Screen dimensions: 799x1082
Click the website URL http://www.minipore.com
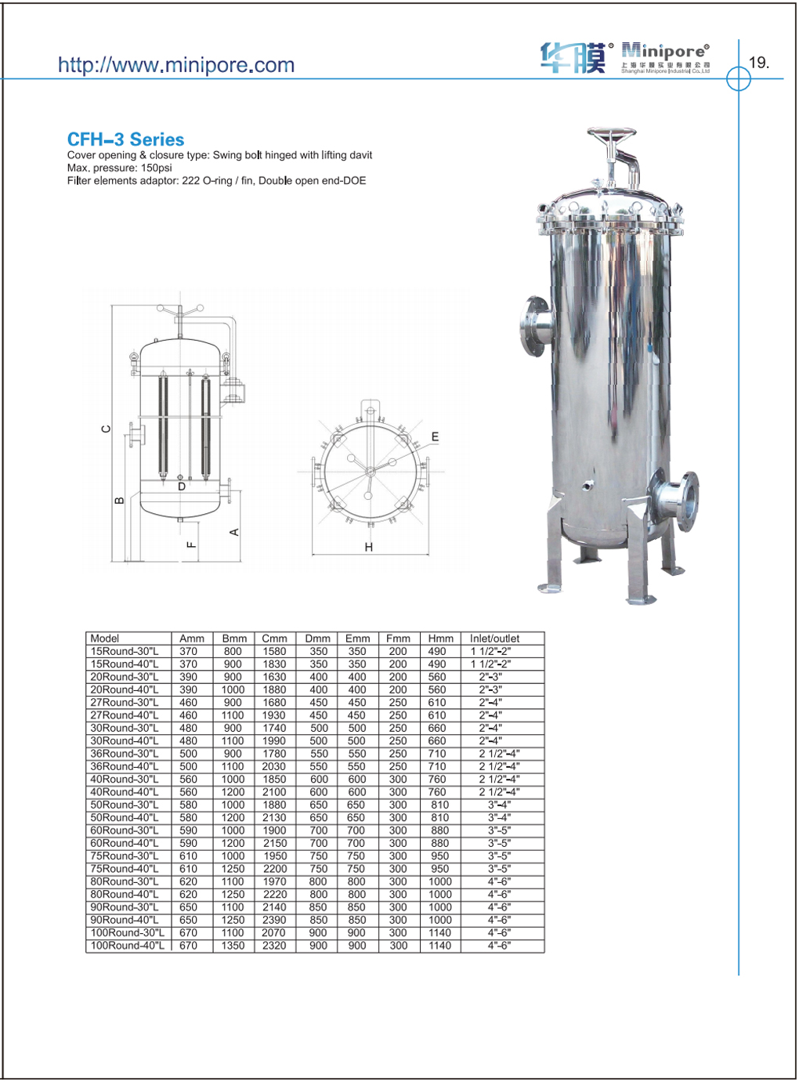click(176, 65)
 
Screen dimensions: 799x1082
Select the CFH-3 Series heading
click(126, 139)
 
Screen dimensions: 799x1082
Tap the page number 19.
click(759, 63)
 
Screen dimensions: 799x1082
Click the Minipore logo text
click(665, 51)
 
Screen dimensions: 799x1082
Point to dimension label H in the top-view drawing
click(369, 547)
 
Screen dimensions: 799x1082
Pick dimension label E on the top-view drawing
click(435, 436)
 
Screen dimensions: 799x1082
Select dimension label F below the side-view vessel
click(192, 545)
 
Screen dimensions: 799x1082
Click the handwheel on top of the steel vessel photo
click(612, 134)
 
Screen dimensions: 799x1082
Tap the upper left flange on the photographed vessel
click(535, 326)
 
